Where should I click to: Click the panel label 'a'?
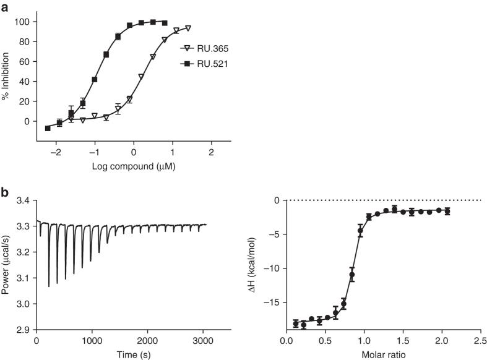4,7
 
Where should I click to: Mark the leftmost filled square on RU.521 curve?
48,128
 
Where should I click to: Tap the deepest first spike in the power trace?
49,285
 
